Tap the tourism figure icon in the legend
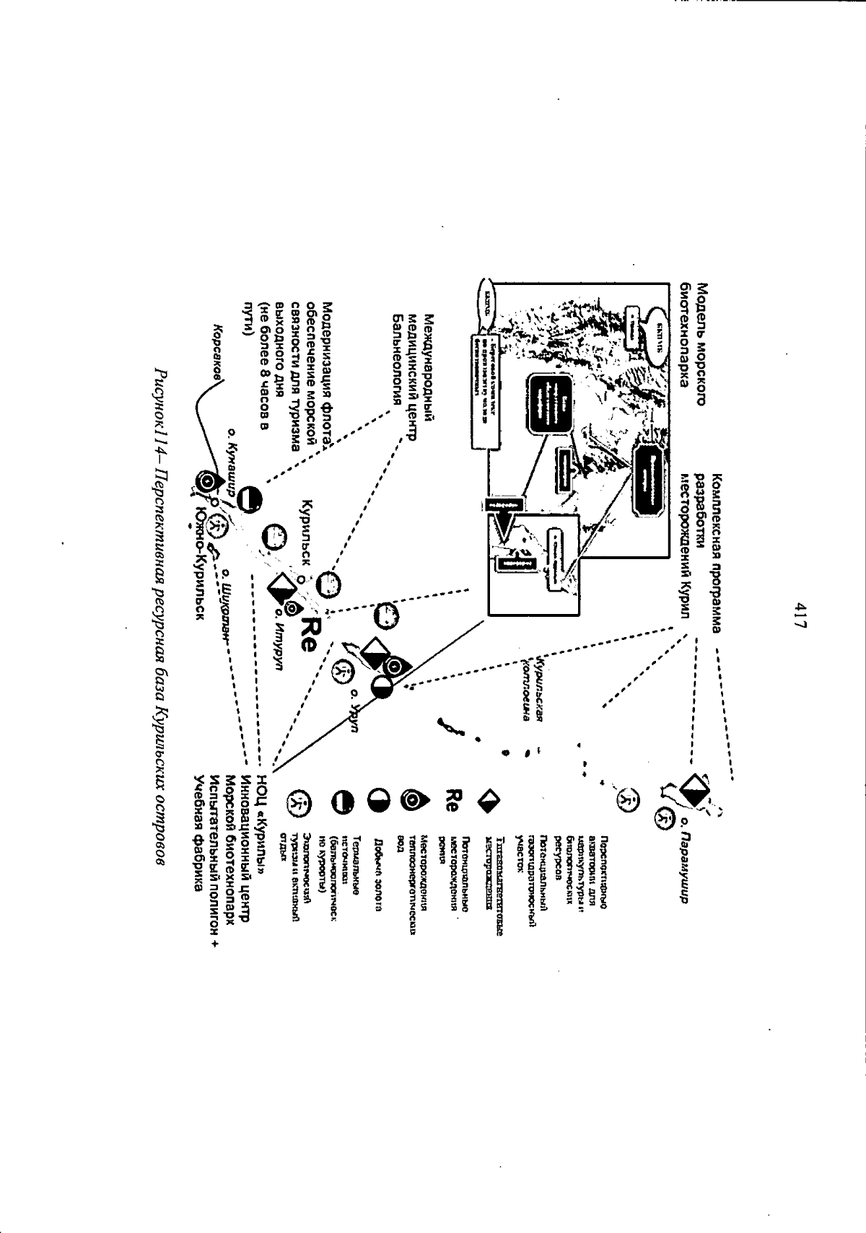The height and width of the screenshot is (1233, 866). pyautogui.click(x=299, y=801)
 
